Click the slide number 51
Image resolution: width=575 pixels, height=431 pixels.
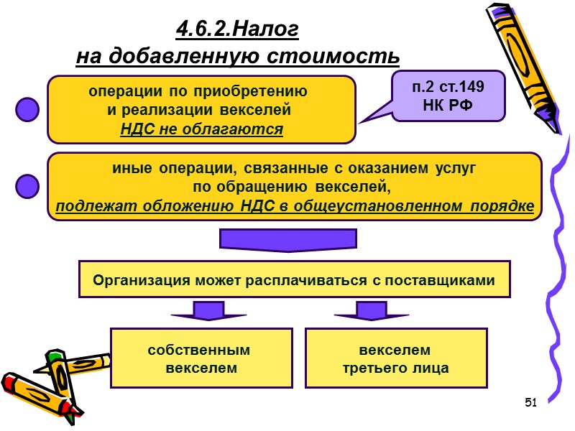(x=531, y=401)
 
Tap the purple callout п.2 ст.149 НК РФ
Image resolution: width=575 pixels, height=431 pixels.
(x=448, y=96)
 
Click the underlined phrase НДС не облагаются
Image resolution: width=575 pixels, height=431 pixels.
(x=201, y=129)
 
